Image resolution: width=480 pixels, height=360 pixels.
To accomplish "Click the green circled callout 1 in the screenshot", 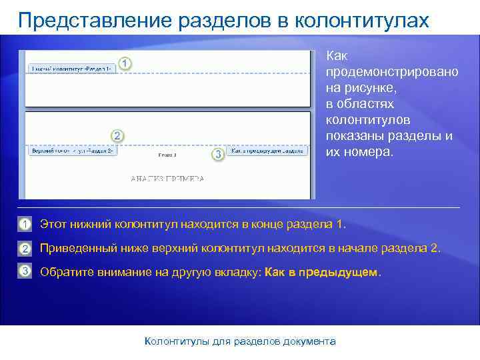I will [x=125, y=63].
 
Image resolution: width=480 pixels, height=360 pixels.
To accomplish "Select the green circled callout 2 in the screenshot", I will [x=117, y=136].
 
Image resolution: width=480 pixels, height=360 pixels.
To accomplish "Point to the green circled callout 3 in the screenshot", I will [x=217, y=154].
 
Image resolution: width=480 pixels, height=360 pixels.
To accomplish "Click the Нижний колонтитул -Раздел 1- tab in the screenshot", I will [x=71, y=69].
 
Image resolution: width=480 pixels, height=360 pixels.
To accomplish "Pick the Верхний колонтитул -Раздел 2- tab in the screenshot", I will [x=71, y=151].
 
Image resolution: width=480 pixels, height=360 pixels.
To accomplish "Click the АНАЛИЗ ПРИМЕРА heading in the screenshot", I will [x=167, y=179].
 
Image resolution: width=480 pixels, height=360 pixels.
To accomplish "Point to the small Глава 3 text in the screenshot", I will [x=167, y=155].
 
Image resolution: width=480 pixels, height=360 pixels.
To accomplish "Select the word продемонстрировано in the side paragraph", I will [x=391, y=71].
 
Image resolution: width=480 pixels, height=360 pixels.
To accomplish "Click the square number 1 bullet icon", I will [x=25, y=223].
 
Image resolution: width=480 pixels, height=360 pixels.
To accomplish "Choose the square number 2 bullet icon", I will [x=25, y=249].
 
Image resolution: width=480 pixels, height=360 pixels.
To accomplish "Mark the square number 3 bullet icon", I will [x=25, y=271].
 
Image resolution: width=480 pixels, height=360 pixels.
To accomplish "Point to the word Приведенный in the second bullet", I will [x=73, y=249].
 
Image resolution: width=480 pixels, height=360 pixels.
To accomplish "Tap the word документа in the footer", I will [x=308, y=341].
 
